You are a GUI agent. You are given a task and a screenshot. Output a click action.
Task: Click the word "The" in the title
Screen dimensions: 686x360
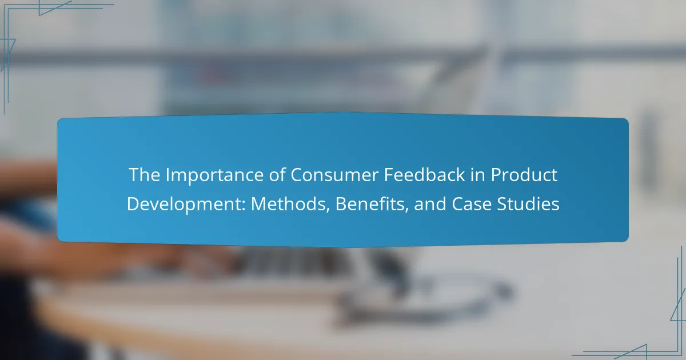click(145, 175)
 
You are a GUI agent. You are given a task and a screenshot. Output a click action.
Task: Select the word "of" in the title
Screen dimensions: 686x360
click(277, 174)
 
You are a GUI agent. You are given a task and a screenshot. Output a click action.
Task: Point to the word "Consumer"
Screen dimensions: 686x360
click(334, 175)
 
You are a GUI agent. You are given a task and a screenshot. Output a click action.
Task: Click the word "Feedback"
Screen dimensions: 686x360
click(424, 174)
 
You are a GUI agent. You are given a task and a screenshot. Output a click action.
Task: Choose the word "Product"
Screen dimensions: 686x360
click(524, 174)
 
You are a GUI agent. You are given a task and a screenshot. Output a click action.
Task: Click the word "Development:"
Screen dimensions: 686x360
click(186, 204)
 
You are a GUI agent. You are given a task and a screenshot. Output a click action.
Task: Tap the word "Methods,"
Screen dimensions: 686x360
click(290, 204)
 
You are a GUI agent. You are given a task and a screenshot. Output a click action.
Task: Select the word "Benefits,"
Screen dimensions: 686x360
click(372, 204)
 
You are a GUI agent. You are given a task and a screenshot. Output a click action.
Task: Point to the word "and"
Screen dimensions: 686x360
click(430, 204)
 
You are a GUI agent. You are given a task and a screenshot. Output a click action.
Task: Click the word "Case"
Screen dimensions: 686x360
click(472, 204)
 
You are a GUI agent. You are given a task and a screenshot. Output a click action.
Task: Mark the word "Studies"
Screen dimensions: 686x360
click(528, 204)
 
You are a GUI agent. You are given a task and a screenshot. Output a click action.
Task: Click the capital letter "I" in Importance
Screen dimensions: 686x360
click(168, 175)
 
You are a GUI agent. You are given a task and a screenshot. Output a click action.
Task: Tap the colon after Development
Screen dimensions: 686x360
click(244, 206)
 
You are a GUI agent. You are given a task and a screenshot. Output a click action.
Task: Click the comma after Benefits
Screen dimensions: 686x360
click(406, 211)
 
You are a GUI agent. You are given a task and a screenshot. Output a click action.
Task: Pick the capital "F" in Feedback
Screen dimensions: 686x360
click(389, 175)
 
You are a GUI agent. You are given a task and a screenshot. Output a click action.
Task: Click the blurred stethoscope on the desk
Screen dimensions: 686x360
click(429, 294)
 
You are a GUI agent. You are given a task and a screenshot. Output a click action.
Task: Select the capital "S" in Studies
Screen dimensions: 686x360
click(502, 204)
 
